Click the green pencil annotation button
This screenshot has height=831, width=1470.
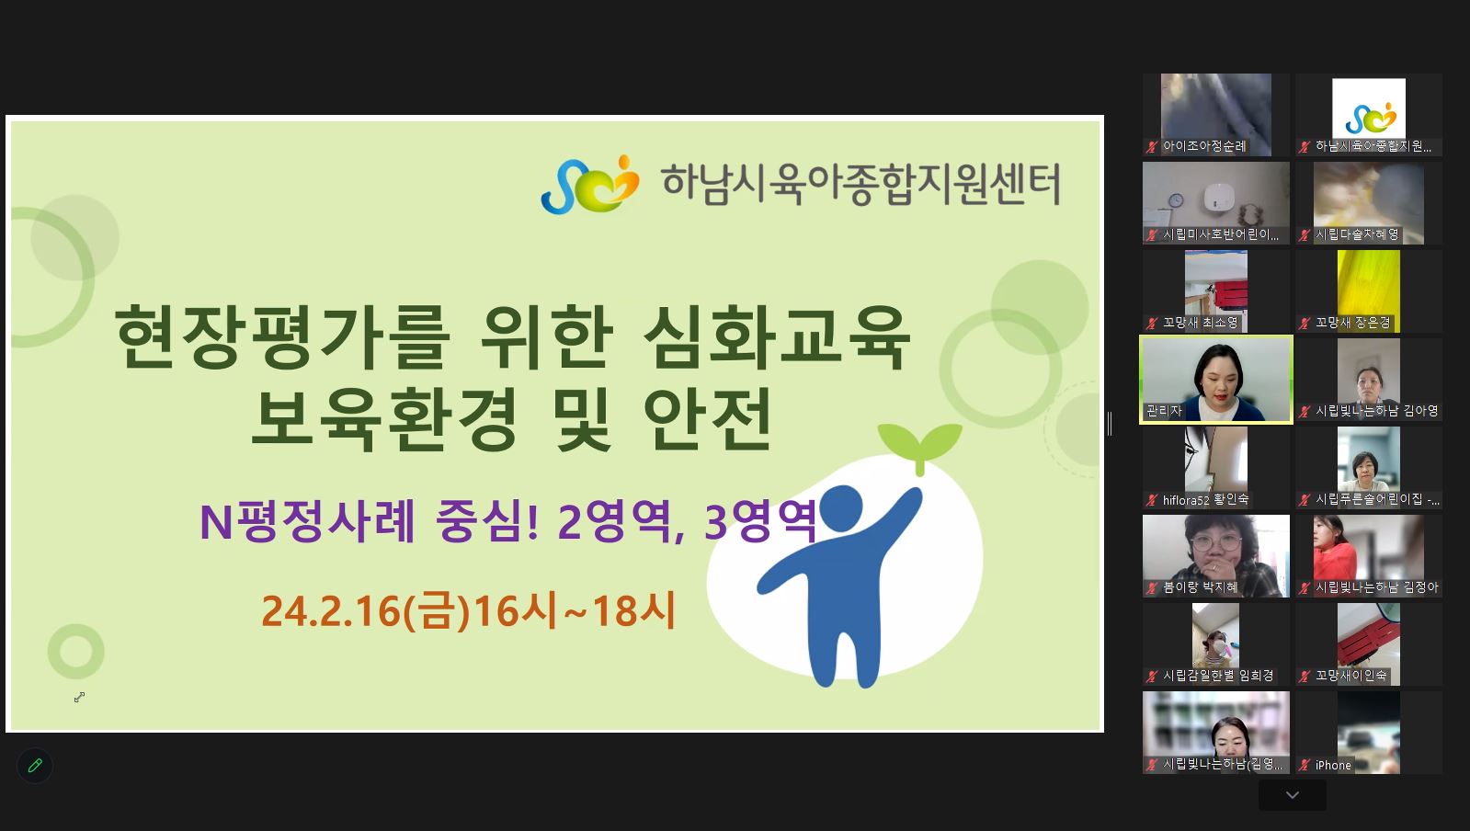(x=35, y=766)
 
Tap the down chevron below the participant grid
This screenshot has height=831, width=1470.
(x=1293, y=795)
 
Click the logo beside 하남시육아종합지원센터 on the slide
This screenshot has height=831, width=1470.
(x=589, y=185)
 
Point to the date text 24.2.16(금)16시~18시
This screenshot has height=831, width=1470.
(x=469, y=611)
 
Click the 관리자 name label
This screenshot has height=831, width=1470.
(x=1164, y=411)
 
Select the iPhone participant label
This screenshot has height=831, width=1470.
(x=1333, y=765)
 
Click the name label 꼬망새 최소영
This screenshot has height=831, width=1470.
(x=1201, y=323)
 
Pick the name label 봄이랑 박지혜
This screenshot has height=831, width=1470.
(x=1201, y=587)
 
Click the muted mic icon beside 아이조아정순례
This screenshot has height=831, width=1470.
(x=1152, y=146)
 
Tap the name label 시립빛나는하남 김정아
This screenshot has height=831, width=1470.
(x=1376, y=587)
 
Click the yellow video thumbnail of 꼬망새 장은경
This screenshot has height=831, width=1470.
(x=1368, y=290)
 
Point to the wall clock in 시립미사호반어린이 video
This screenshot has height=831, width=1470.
(x=1176, y=200)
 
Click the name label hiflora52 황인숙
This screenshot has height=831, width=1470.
(x=1205, y=499)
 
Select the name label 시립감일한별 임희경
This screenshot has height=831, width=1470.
(x=1218, y=676)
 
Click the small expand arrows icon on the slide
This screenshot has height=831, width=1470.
(x=79, y=697)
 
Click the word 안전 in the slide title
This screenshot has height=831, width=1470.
(x=708, y=419)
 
